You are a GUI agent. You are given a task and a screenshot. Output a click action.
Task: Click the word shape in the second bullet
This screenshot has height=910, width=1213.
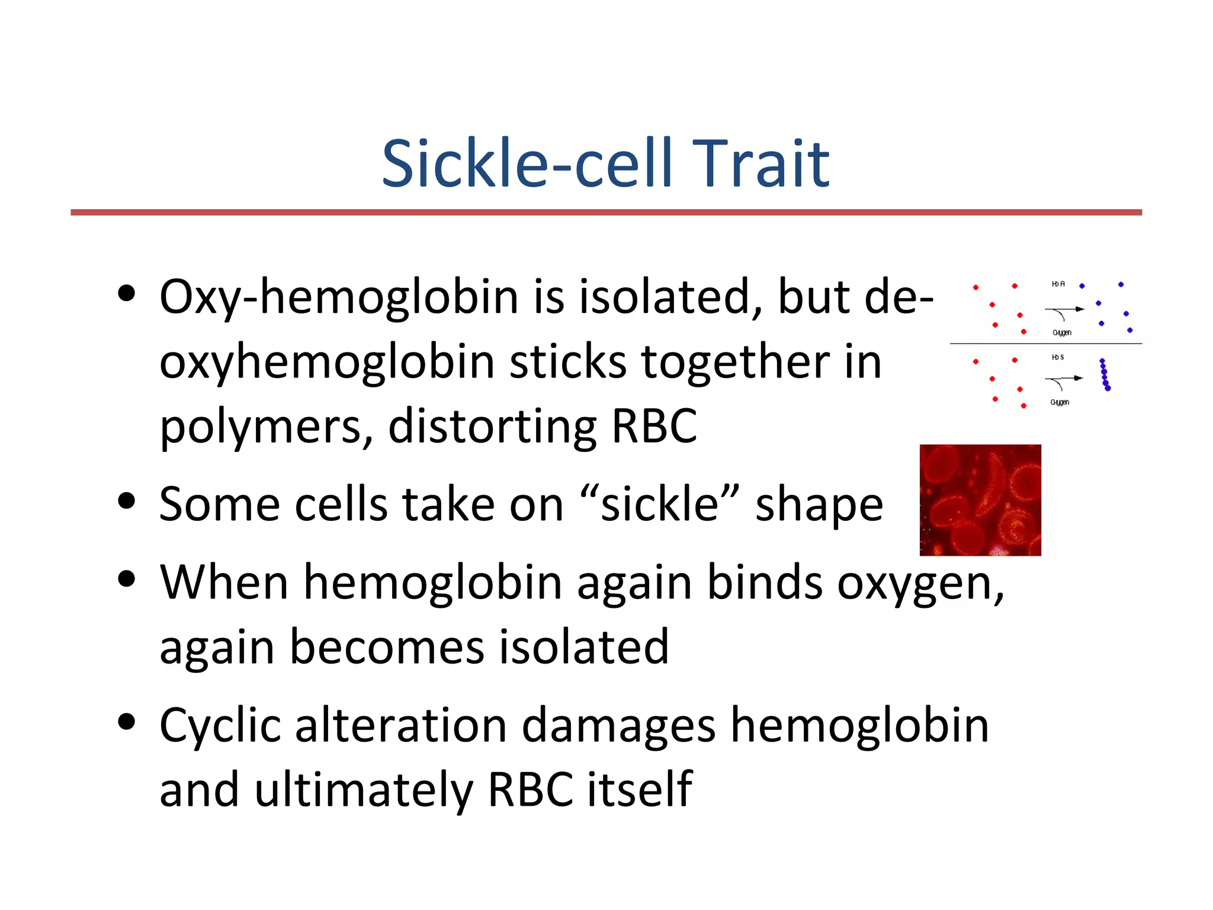click(x=819, y=505)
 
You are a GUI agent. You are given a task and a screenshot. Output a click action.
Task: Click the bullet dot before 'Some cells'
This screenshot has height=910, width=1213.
click(x=127, y=501)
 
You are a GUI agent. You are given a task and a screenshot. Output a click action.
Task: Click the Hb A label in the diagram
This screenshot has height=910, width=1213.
click(x=1058, y=284)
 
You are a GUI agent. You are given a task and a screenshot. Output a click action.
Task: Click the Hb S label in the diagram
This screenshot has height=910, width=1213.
click(x=1058, y=357)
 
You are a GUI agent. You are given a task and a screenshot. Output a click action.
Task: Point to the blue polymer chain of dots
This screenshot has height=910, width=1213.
click(x=1105, y=374)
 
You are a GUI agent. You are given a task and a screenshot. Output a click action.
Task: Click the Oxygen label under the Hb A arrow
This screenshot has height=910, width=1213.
click(x=1061, y=332)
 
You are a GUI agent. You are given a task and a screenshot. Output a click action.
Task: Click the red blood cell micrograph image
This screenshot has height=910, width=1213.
click(x=980, y=500)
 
